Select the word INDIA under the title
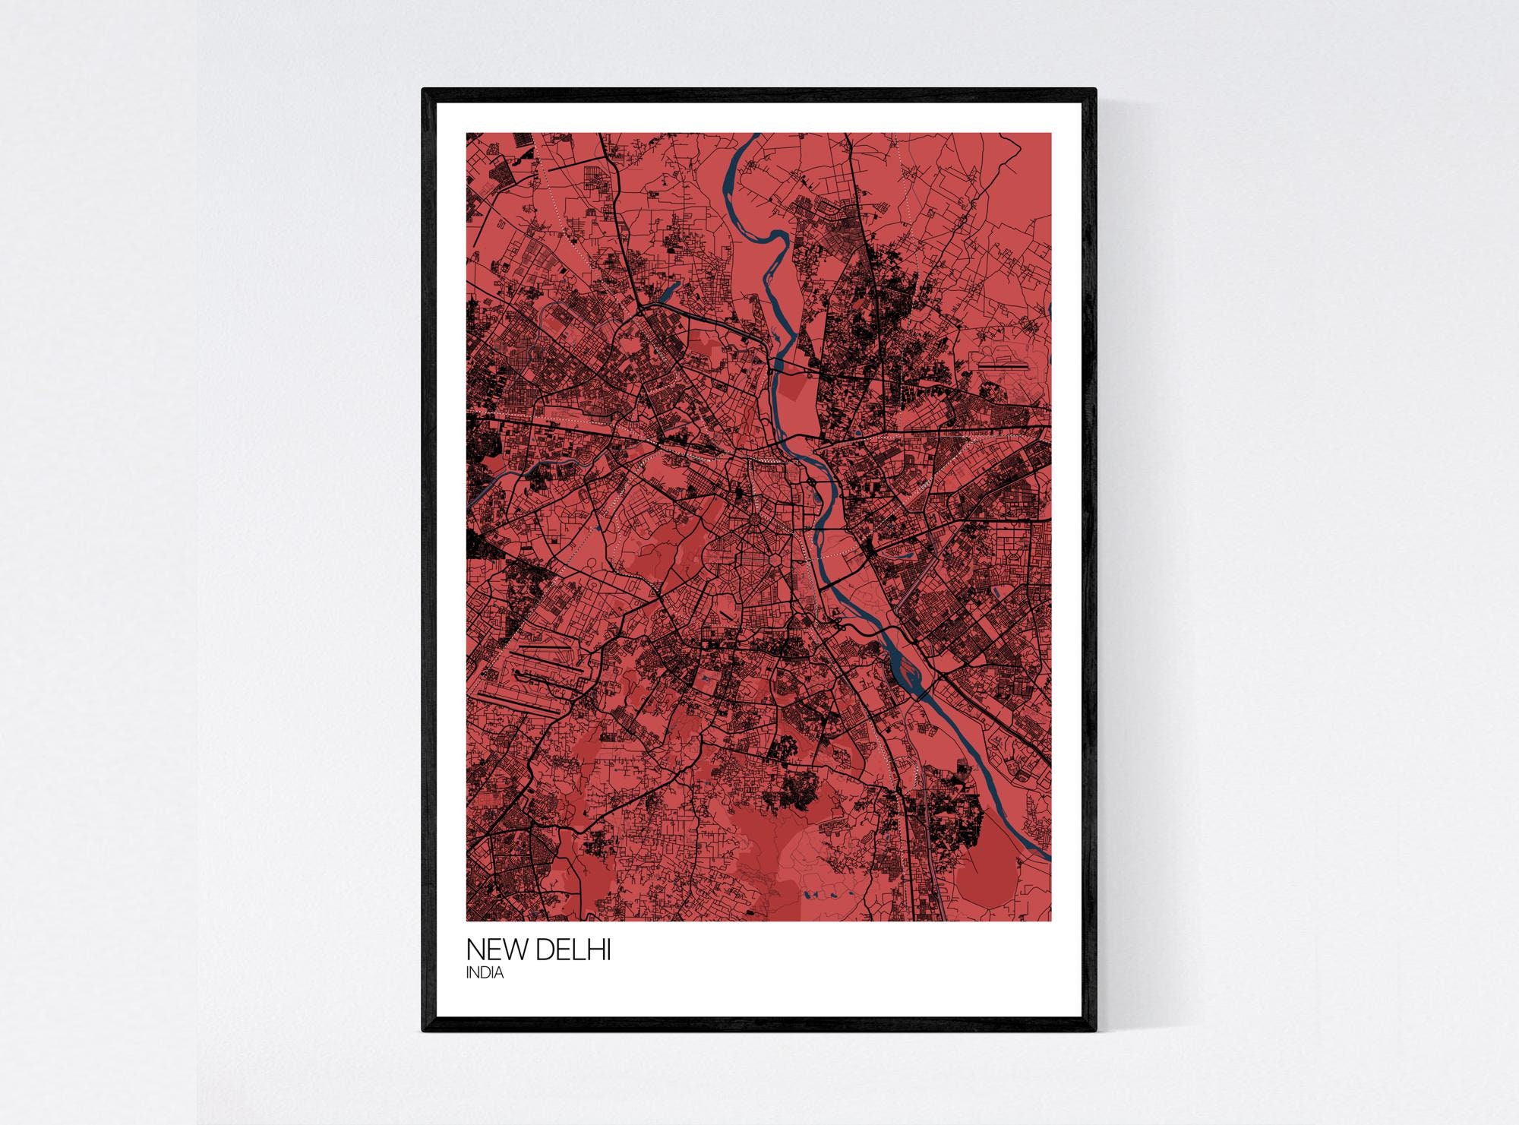485,973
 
